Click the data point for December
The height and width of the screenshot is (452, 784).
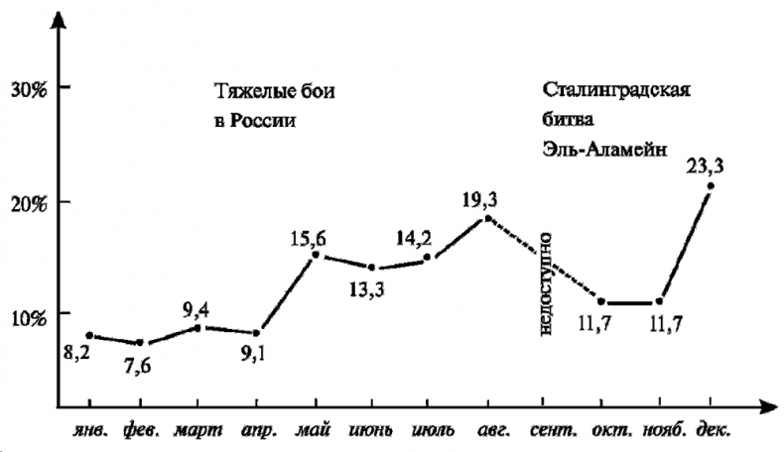click(711, 186)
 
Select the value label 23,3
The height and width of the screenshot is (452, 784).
click(705, 166)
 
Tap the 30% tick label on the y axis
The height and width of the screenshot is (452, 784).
click(29, 88)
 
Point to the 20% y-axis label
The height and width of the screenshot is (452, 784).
click(29, 202)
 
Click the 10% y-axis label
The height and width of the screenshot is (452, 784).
click(29, 315)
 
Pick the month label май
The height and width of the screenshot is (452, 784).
click(314, 432)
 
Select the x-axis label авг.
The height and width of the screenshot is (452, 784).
click(486, 431)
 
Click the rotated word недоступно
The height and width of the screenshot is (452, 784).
click(545, 282)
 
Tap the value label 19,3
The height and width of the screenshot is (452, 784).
click(480, 198)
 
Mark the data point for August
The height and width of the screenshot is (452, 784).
click(486, 218)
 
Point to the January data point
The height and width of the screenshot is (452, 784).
click(90, 336)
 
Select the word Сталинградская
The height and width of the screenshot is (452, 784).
click(616, 88)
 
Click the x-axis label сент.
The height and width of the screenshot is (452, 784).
click(544, 431)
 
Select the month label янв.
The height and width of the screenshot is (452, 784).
click(89, 431)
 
